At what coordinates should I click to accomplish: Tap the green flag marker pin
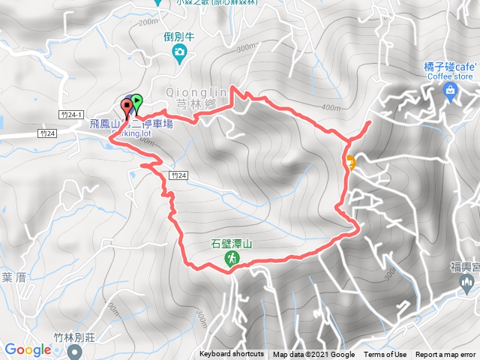click(x=136, y=101)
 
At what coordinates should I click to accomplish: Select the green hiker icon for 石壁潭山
click(x=230, y=259)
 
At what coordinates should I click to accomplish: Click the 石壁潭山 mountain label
click(x=230, y=244)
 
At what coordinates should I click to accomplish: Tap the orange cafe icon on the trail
click(x=350, y=160)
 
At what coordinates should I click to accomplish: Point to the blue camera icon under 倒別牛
click(x=180, y=51)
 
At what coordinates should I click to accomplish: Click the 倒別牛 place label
click(x=179, y=34)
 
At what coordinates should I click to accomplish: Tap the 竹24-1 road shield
click(x=67, y=113)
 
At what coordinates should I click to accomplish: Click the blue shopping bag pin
click(x=449, y=92)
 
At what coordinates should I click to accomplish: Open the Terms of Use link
click(x=385, y=355)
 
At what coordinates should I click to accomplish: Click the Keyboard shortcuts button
click(x=231, y=355)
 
